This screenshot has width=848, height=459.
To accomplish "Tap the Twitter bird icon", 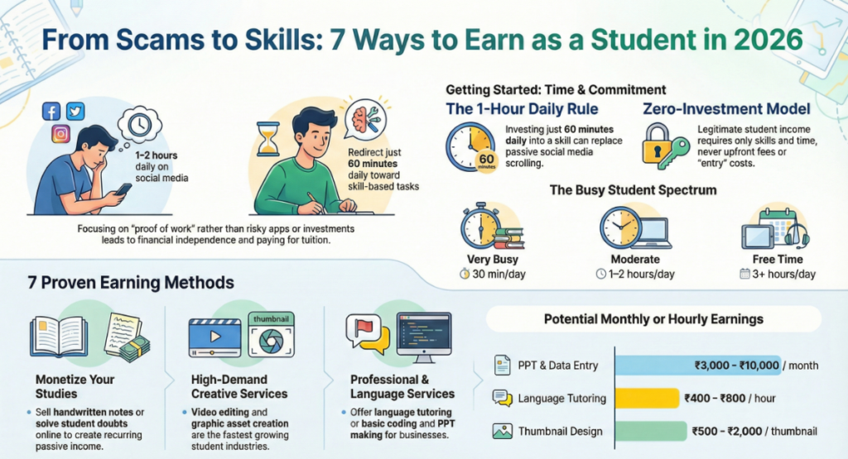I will point(75,111).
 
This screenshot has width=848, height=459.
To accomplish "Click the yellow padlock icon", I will point(660,145).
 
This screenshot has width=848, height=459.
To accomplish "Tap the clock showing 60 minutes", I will point(472,147).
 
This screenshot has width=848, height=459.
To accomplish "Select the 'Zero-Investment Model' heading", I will point(725,109).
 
